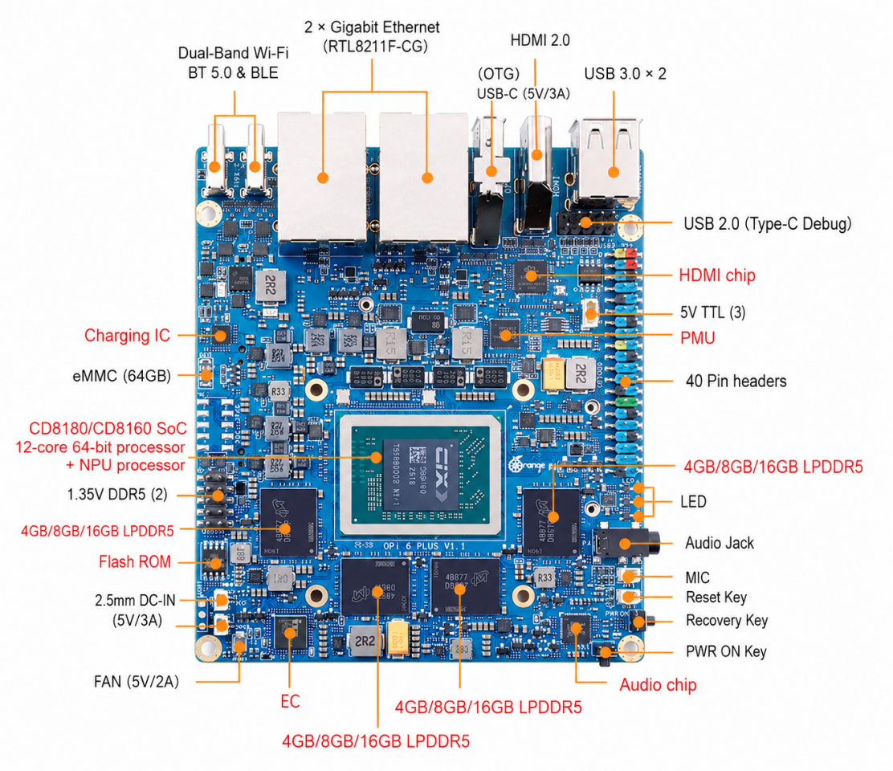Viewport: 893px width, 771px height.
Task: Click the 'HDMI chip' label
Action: click(x=717, y=275)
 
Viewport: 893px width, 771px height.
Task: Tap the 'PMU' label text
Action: click(x=697, y=338)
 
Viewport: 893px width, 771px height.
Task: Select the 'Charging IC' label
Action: click(x=127, y=336)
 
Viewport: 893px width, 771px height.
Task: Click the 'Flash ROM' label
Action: click(x=135, y=562)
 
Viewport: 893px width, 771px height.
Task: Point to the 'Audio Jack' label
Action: click(x=720, y=543)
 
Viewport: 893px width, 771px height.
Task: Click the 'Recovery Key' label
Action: click(x=727, y=621)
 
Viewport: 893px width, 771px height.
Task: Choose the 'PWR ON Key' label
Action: click(x=726, y=651)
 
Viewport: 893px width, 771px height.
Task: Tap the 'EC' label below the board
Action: click(x=290, y=702)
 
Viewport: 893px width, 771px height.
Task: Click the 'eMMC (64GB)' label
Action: click(x=122, y=376)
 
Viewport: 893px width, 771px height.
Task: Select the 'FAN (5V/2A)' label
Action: click(x=137, y=682)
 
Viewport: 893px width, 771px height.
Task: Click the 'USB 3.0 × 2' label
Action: click(x=625, y=74)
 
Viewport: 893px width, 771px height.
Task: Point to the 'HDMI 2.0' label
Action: click(x=540, y=40)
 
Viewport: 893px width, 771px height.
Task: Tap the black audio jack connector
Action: click(x=626, y=543)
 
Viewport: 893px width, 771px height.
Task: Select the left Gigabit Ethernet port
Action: click(x=322, y=177)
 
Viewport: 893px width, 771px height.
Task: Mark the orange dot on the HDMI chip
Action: click(x=531, y=276)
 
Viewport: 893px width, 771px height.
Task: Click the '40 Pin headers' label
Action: click(x=736, y=381)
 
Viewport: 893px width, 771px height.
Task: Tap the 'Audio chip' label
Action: click(x=658, y=685)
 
